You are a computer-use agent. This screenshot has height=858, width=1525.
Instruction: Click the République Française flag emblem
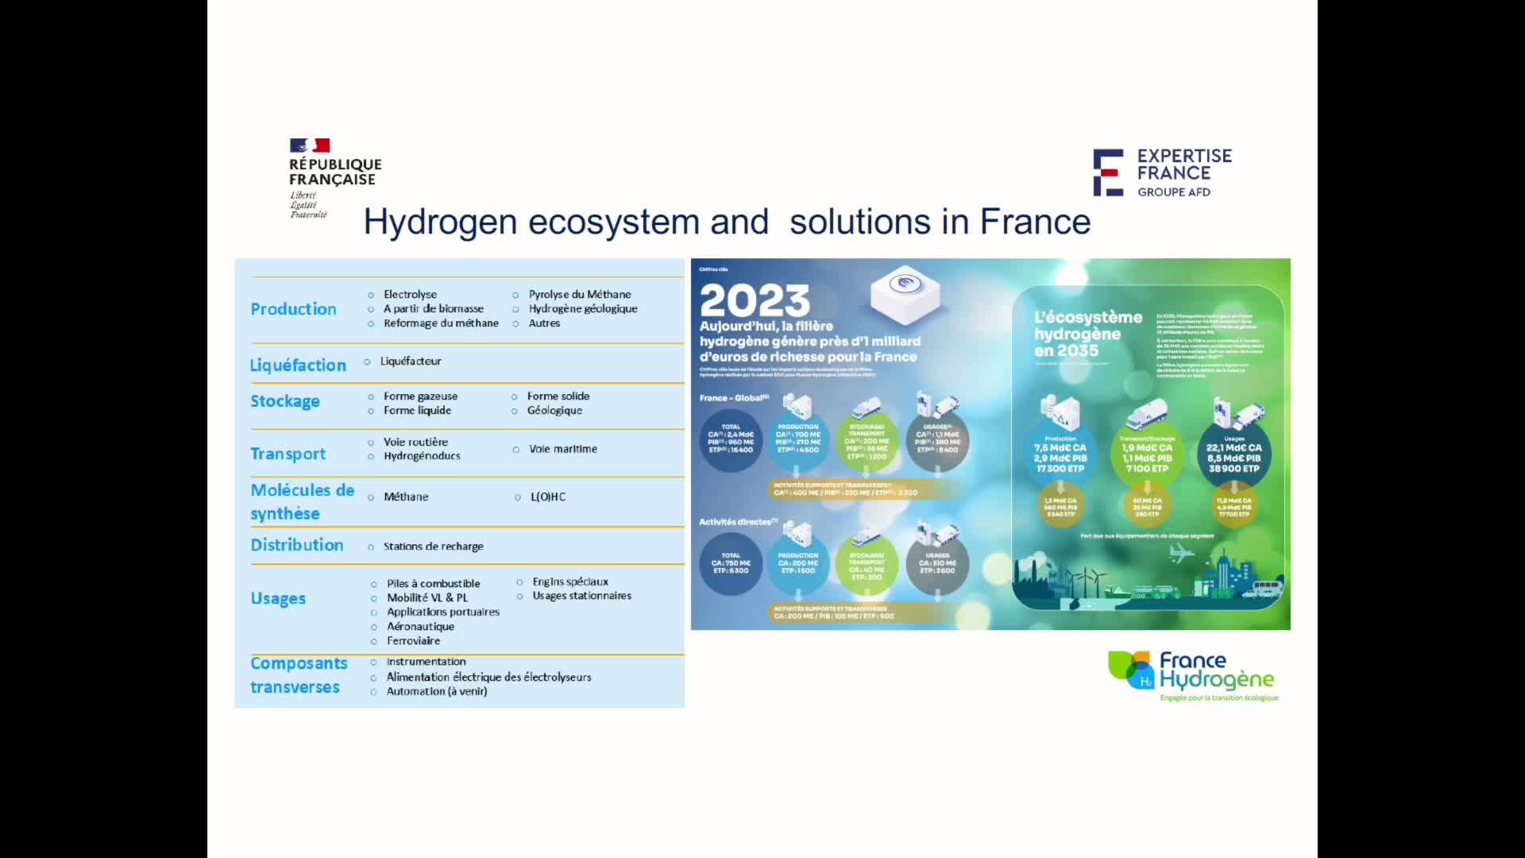[309, 145]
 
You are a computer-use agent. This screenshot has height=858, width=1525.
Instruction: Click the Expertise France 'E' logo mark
[1108, 172]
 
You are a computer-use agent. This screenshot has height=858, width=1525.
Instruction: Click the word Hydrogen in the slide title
[440, 222]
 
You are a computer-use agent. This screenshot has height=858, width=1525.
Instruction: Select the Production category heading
[293, 309]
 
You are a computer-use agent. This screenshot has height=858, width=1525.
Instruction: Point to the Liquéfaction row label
[298, 365]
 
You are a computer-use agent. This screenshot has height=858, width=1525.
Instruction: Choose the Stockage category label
[285, 401]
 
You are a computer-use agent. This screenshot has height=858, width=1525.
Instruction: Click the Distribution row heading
[297, 545]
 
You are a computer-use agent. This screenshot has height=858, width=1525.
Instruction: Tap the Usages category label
[278, 598]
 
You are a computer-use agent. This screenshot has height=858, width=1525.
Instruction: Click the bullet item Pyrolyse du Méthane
[580, 295]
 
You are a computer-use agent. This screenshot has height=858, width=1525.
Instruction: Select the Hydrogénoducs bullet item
[422, 456]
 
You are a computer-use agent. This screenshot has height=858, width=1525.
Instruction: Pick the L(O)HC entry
[548, 497]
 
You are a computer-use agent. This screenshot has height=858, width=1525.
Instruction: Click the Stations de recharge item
[433, 547]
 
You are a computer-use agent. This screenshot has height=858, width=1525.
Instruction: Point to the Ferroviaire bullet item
[413, 641]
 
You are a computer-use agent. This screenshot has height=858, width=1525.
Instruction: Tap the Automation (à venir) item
[437, 691]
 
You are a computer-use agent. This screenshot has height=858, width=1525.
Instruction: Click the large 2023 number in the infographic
[755, 301]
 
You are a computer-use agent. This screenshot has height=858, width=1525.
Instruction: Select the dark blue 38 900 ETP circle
[1234, 454]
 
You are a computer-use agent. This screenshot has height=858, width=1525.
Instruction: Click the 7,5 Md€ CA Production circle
[1060, 454]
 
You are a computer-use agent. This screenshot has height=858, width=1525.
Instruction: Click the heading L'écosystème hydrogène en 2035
[1087, 334]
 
